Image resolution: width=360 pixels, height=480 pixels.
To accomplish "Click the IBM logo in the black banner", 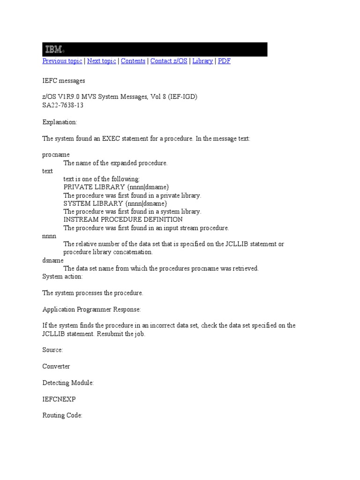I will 54,49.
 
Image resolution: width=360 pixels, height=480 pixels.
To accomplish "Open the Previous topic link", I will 62,61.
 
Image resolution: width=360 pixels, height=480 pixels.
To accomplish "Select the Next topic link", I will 102,61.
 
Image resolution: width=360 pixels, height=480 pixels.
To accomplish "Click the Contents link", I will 133,61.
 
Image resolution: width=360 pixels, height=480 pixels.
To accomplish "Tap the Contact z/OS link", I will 169,61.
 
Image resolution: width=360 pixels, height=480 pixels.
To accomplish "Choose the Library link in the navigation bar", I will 202,61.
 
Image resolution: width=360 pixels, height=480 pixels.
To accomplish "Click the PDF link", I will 225,61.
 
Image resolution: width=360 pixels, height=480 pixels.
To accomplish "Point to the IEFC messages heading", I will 64,81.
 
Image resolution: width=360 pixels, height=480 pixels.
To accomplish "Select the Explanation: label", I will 60,122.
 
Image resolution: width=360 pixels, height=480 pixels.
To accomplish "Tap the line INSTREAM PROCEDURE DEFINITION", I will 123,219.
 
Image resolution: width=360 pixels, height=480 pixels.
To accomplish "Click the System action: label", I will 62,277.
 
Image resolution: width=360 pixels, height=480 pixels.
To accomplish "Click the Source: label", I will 52,350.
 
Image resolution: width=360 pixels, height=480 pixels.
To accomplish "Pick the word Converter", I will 56,366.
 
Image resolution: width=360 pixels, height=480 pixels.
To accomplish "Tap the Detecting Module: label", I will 68,382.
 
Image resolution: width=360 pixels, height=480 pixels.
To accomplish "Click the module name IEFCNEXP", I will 59,399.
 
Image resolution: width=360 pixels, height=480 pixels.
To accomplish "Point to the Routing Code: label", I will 62,415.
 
